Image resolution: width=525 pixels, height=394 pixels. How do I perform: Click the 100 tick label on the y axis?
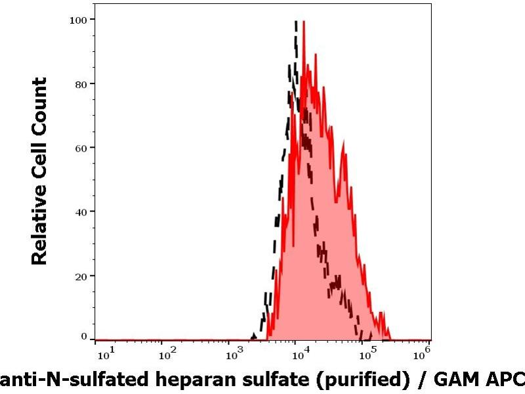(78, 20)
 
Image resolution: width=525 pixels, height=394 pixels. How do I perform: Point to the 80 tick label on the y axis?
(81, 83)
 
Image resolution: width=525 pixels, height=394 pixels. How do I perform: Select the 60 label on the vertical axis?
(81, 147)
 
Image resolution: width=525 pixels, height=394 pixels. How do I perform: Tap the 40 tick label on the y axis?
(81, 211)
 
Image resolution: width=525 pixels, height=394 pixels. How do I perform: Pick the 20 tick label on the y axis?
(81, 275)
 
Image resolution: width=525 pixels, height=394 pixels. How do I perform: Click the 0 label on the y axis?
(84, 336)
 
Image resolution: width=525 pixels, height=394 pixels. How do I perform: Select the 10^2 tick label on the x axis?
(167, 355)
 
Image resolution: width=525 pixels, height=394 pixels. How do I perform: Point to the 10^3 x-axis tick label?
(234, 355)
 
